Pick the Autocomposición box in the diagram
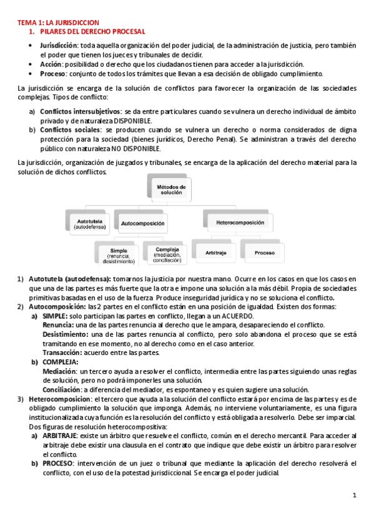(x=142, y=222)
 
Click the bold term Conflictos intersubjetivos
(x=80, y=111)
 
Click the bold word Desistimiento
(x=64, y=334)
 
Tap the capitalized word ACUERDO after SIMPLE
(x=237, y=316)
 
